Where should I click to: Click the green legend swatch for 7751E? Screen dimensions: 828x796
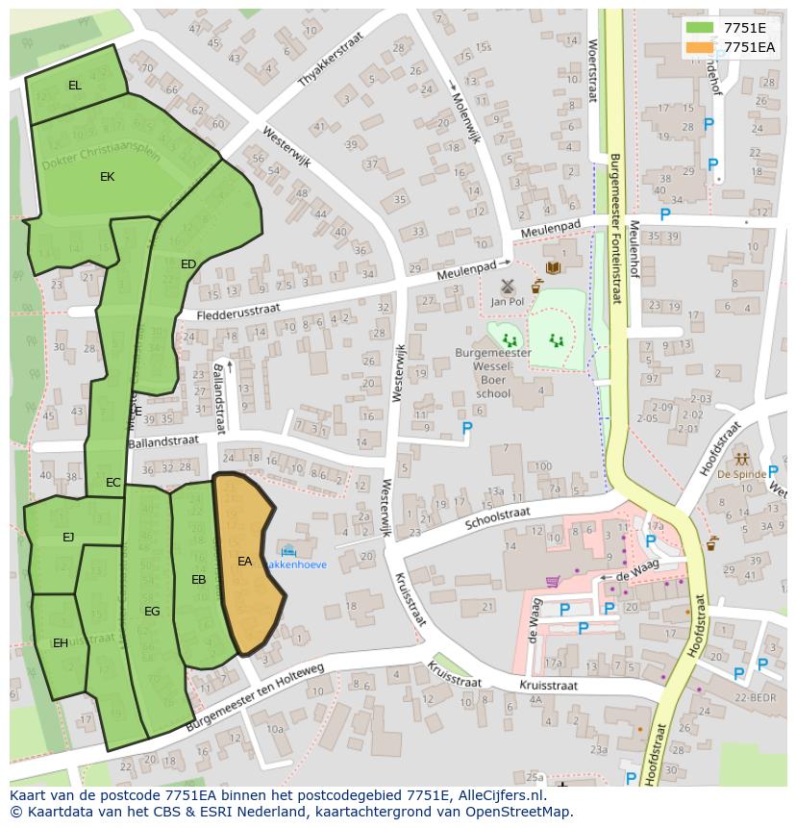pos(700,28)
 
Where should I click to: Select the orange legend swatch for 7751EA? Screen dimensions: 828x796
pos(700,47)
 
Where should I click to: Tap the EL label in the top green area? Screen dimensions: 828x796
pos(75,86)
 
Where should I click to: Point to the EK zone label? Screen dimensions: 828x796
pos(107,177)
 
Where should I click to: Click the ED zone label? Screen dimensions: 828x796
pos(188,264)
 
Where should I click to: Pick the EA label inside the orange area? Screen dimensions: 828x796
pos(245,562)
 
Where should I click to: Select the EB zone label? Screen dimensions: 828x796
pos(199,580)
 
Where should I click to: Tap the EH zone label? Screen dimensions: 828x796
pos(61,643)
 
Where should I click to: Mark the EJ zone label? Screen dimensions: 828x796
pos(68,538)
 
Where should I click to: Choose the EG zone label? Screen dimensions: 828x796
pos(152,612)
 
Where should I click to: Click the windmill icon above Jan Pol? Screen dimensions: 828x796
pos(508,286)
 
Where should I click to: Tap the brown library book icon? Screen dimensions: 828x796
pos(553,267)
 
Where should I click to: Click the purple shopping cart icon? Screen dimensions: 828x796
pos(552,581)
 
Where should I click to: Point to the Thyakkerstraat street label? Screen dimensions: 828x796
pos(333,64)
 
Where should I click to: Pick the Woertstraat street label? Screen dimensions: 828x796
pos(592,69)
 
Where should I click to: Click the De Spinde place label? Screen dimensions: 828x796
pos(741,474)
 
